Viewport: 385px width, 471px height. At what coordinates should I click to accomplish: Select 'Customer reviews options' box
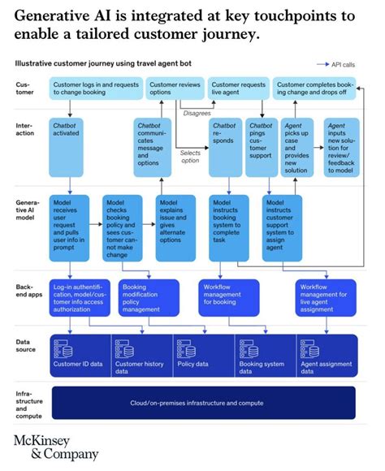(174, 89)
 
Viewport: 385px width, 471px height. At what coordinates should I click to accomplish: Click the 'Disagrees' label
(198, 113)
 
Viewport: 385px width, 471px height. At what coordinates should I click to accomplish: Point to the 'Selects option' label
(189, 156)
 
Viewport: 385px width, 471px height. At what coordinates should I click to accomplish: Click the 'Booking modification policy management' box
(149, 297)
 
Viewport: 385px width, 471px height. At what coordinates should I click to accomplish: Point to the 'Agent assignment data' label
(326, 367)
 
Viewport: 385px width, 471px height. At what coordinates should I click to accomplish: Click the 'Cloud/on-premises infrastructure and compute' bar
(203, 403)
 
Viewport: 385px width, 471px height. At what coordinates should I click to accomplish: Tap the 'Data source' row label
(27, 344)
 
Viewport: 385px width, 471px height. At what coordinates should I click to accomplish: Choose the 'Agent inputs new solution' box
(340, 149)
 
